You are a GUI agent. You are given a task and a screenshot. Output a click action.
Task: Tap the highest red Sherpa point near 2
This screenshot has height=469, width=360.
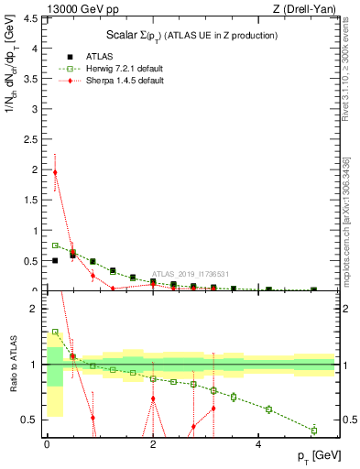(x=55, y=172)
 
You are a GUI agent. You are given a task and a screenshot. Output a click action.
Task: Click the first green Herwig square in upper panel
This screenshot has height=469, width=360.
(x=55, y=245)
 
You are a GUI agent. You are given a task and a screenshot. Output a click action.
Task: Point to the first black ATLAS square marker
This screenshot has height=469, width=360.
(x=55, y=260)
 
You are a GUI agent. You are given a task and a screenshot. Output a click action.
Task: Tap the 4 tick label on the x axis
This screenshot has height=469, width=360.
(x=259, y=443)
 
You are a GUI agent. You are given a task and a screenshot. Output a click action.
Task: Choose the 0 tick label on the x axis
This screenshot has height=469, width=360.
(x=47, y=443)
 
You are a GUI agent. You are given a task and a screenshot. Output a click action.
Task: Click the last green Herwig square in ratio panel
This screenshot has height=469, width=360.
(x=314, y=431)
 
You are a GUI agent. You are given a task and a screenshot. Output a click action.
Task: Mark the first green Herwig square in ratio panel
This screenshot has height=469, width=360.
(x=55, y=332)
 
